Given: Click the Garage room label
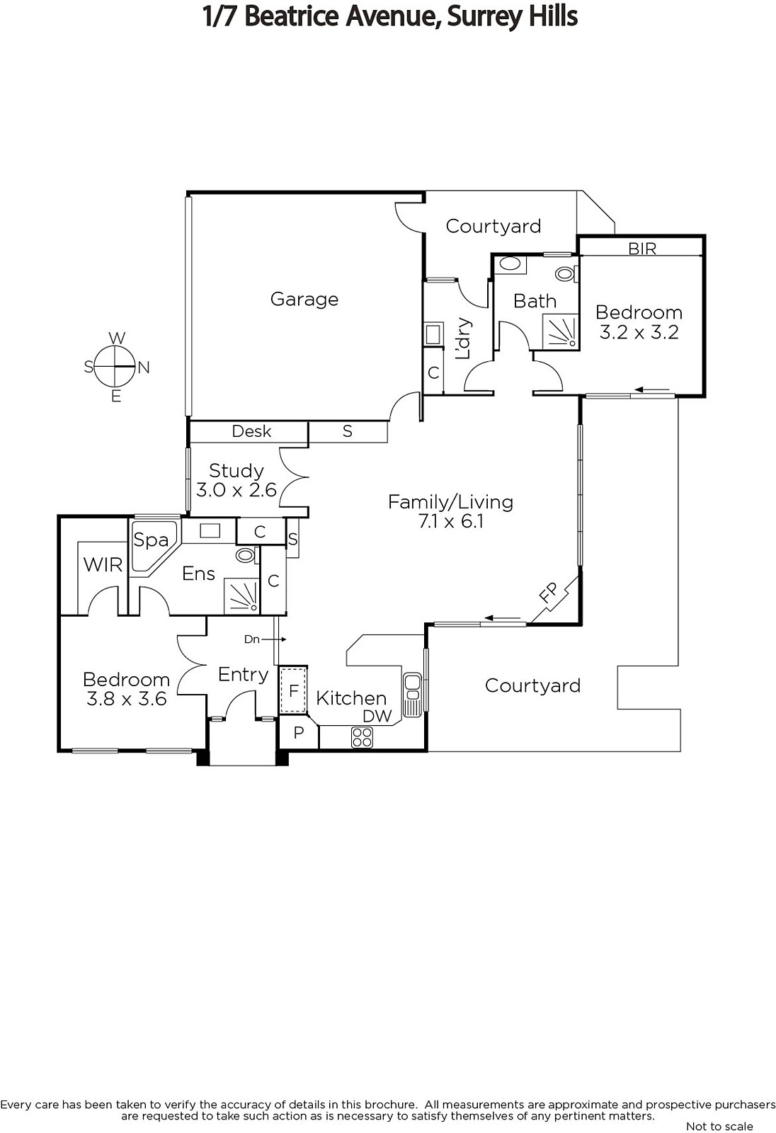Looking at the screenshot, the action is point(304,299).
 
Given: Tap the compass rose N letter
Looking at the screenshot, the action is point(144,368).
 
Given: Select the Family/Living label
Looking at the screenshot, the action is point(451,502).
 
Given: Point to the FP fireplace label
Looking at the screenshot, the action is point(548,592).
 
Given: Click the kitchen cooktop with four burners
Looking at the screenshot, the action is point(363,737).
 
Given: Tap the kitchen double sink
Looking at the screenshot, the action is point(412,694).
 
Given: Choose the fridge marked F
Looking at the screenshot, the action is point(293,690).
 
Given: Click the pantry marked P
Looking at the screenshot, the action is point(299,732).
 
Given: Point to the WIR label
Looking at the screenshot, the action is point(103,564).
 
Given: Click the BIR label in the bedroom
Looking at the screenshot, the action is point(642,249).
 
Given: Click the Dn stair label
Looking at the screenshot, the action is point(252,639).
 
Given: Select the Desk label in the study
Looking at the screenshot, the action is point(251,431).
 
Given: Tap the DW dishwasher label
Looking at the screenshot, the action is point(377,716).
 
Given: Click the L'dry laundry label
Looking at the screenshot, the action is point(463,338).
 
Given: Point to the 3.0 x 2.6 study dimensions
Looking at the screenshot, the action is point(236,490).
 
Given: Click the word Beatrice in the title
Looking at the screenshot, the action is point(292,16).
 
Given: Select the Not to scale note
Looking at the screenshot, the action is point(719,1126).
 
